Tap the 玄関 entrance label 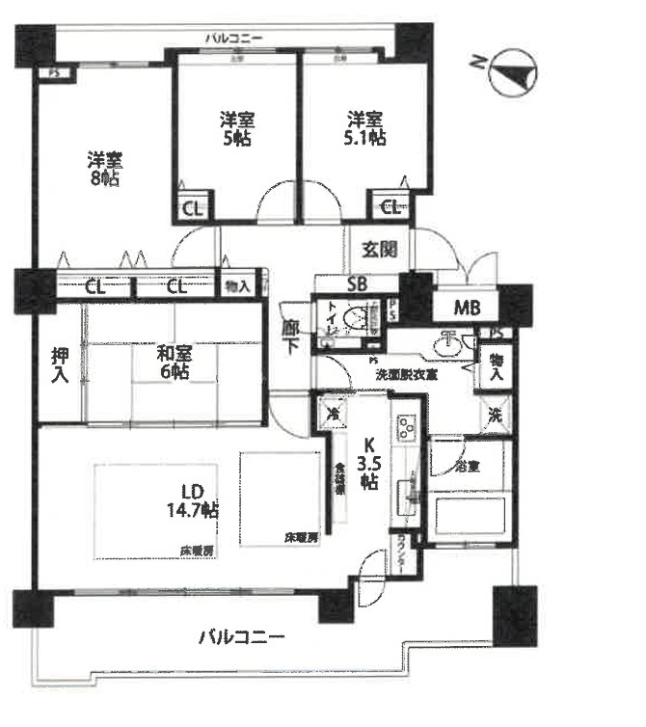coord(379,249)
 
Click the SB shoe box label coord(358,284)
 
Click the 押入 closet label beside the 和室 coord(60,364)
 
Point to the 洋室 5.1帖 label coord(366,128)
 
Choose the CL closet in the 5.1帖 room coord(390,204)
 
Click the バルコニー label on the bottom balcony coord(242,637)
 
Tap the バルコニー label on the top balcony coord(234,39)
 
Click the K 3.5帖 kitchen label coord(367,464)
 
